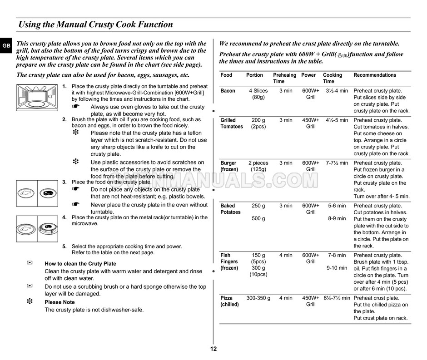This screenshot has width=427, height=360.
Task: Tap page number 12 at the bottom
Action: [213, 349]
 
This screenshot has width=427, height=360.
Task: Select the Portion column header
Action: [254, 75]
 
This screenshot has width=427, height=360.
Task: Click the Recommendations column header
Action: [375, 75]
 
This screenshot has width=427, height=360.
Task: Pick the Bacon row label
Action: [228, 91]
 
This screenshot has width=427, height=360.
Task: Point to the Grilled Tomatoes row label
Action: [232, 123]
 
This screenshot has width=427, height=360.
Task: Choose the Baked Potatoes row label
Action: [230, 209]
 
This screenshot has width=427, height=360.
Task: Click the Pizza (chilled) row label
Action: [229, 301]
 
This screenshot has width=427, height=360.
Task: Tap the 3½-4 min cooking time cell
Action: [337, 91]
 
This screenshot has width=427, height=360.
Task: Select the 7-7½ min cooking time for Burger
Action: [337, 163]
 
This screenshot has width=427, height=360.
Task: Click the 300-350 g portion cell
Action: [258, 298]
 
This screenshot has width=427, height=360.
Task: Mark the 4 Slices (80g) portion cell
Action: [258, 94]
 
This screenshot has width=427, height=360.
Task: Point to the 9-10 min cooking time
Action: [337, 268]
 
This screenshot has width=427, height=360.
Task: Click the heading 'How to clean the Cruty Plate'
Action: [80, 264]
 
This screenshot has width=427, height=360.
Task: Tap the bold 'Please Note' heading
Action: [60, 302]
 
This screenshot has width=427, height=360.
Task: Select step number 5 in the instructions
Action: [65, 247]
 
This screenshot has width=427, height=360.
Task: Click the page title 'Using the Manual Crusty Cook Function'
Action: [95, 25]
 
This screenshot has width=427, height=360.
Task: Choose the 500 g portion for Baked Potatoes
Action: [258, 218]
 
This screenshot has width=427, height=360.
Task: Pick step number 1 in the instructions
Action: [65, 86]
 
